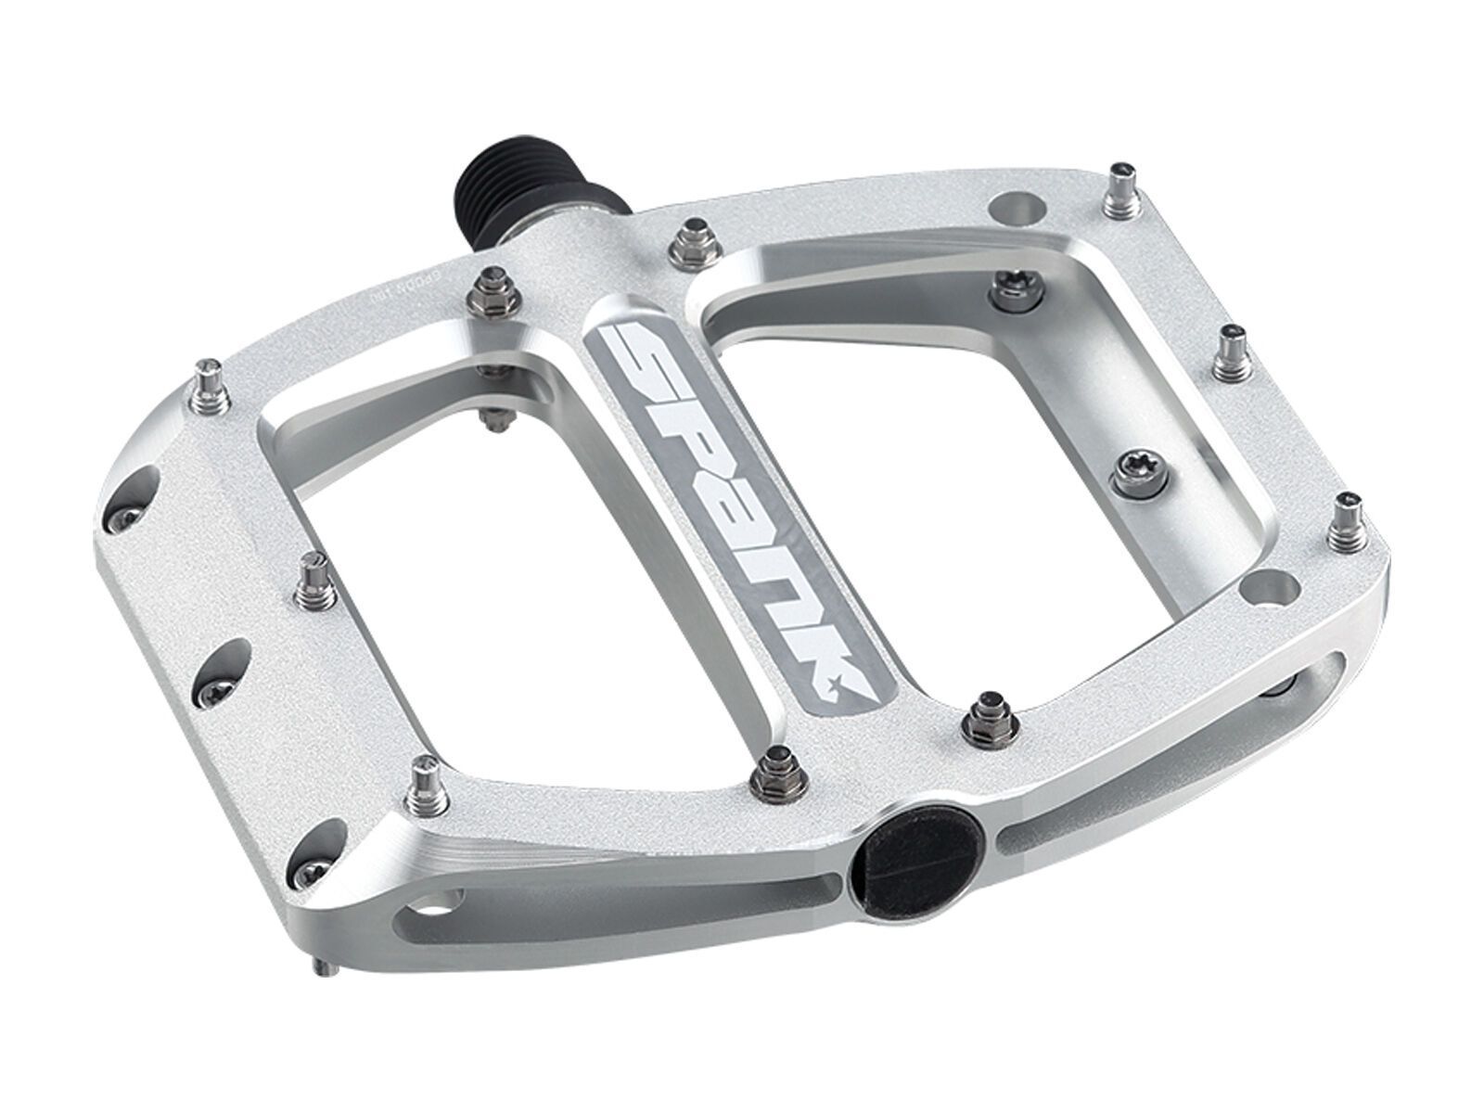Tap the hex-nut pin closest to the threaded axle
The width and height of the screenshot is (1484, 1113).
click(691, 240)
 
